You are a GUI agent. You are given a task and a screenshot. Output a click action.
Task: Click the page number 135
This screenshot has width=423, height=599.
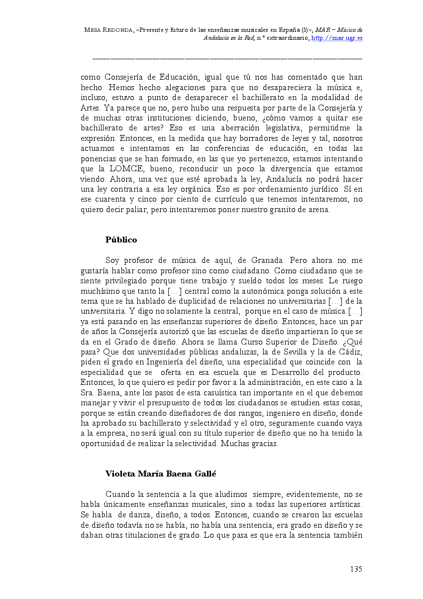click(356, 569)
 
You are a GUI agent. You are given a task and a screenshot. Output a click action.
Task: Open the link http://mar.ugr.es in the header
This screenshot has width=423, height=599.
click(337, 38)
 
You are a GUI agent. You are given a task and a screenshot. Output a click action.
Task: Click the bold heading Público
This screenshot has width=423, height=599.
click(121, 240)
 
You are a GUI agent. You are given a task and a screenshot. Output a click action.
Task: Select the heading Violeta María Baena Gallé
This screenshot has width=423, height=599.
click(161, 474)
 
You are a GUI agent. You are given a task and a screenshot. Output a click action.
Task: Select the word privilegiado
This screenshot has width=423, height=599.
click(124, 280)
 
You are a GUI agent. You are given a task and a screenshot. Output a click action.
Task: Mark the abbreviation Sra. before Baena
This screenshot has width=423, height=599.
click(88, 392)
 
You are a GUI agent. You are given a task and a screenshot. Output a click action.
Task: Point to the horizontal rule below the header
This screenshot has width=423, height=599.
click(227, 58)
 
